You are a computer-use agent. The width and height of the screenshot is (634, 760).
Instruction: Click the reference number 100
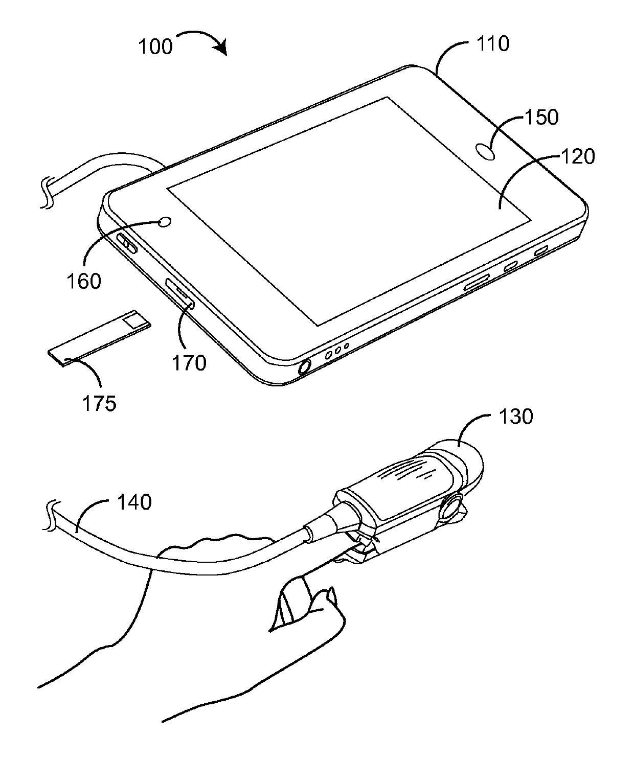tap(156, 47)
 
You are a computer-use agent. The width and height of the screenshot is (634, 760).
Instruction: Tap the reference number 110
tap(493, 44)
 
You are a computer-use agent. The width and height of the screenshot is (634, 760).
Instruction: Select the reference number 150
tap(542, 118)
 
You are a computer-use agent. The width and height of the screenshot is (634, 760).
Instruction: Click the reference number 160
tap(84, 281)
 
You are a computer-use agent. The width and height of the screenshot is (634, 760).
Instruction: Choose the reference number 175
tap(100, 403)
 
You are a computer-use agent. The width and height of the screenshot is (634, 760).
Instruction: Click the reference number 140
tap(135, 502)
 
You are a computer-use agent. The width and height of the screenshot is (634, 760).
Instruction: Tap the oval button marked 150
tap(486, 152)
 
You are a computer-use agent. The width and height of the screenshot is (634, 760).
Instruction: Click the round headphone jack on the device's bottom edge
tap(304, 367)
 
